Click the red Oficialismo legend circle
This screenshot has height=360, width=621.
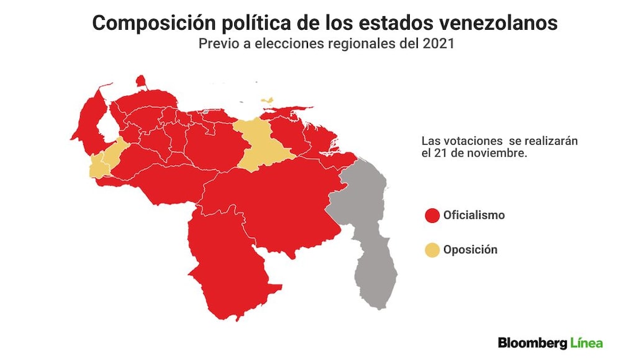click(x=432, y=215)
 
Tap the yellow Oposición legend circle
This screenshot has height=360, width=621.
click(x=432, y=250)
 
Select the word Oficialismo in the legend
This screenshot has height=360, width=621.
click(x=474, y=215)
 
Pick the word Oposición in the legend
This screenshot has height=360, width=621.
click(x=471, y=250)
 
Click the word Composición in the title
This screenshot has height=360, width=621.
click(x=153, y=23)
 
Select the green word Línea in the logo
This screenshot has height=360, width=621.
click(x=587, y=343)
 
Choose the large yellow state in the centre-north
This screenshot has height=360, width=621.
click(x=262, y=146)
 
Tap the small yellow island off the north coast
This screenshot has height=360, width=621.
click(x=268, y=101)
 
